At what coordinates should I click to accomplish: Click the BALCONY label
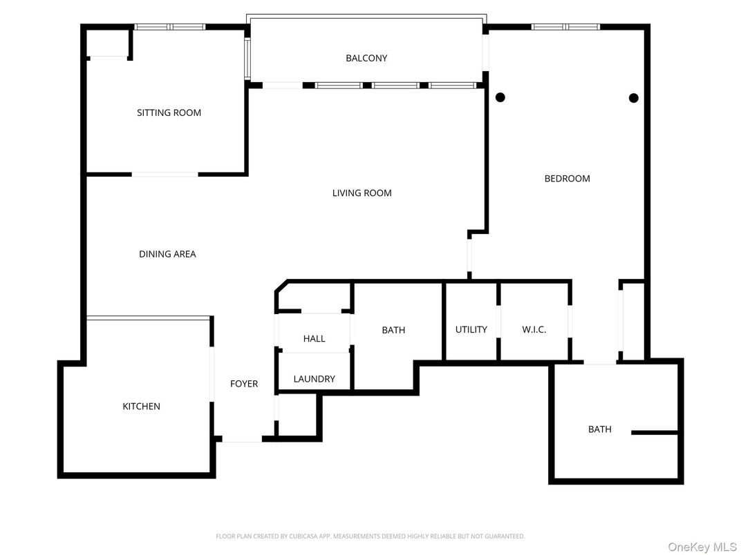[366, 58]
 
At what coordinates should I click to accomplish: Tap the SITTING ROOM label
[169, 113]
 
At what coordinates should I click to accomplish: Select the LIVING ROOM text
[362, 193]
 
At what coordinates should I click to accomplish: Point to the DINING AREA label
[167, 254]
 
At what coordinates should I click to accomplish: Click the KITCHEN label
[141, 407]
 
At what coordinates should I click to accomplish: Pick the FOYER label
[244, 384]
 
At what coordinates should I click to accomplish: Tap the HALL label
[314, 338]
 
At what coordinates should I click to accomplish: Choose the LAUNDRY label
[314, 379]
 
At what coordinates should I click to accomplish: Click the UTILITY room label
[471, 329]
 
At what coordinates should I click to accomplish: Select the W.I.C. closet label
[534, 329]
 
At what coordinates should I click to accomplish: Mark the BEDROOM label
[567, 179]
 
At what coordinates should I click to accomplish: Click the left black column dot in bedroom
[500, 97]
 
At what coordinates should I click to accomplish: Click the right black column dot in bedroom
[633, 98]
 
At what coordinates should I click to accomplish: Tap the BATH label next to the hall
[393, 330]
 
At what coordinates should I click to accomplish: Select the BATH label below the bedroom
[599, 429]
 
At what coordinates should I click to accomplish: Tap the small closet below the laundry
[297, 416]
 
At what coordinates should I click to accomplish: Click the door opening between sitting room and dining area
[165, 174]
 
